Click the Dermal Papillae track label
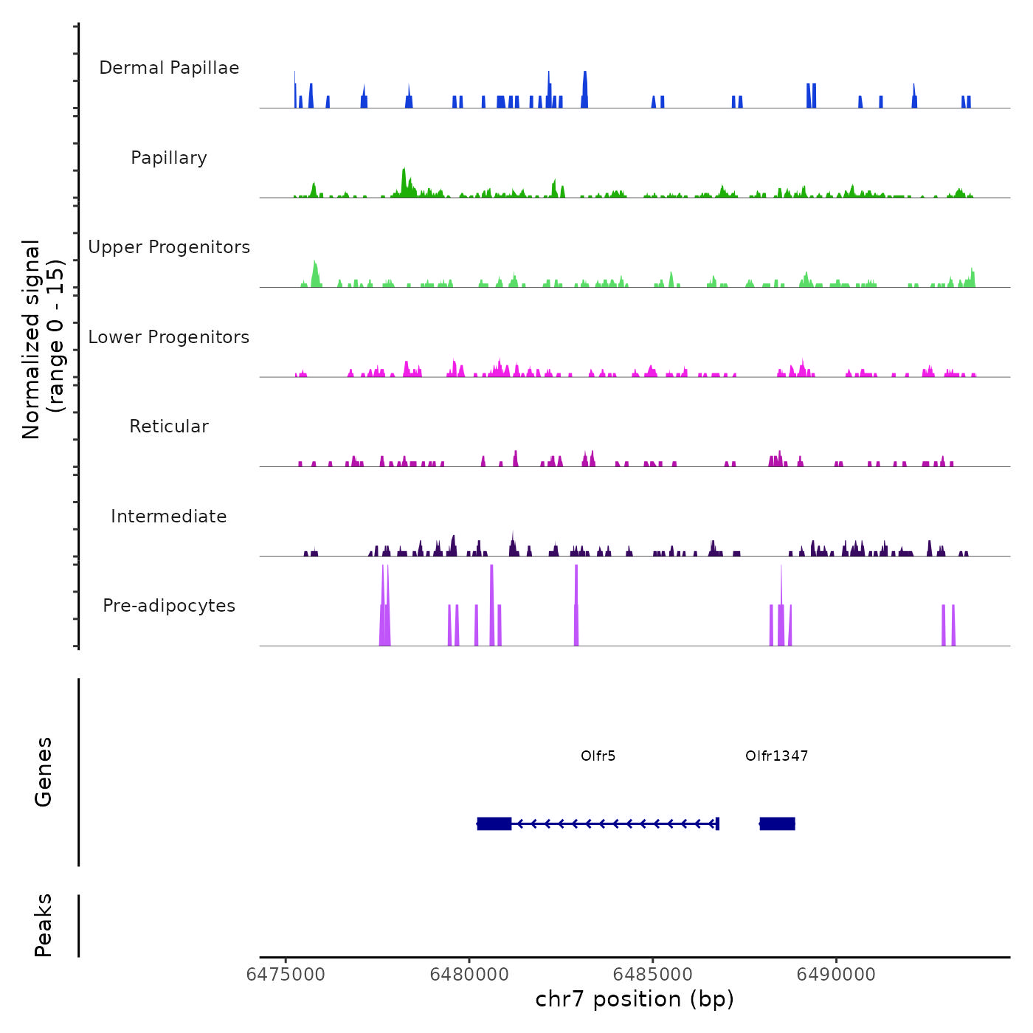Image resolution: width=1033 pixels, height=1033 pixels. click(x=169, y=68)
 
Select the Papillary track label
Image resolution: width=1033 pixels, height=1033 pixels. click(x=169, y=158)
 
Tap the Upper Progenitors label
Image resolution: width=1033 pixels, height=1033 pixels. click(x=169, y=247)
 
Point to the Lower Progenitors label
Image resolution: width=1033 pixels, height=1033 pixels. click(x=169, y=337)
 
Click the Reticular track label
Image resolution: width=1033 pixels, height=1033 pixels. click(x=169, y=426)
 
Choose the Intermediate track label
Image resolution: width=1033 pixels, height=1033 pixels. click(x=169, y=516)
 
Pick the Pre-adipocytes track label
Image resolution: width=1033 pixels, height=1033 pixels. click(x=169, y=606)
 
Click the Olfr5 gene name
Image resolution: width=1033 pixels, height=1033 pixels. click(x=598, y=756)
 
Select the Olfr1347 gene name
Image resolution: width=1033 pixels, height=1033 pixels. click(x=776, y=756)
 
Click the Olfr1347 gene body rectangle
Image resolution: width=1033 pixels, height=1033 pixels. click(x=777, y=823)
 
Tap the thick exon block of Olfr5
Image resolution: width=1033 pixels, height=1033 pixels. click(x=494, y=823)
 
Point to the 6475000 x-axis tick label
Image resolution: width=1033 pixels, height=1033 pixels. click(x=286, y=975)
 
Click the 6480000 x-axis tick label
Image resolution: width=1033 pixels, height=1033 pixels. click(x=469, y=975)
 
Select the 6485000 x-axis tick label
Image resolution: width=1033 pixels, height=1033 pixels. click(x=653, y=975)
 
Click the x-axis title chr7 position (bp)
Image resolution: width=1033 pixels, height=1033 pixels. click(x=635, y=999)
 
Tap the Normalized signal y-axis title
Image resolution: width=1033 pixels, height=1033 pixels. click(x=43, y=339)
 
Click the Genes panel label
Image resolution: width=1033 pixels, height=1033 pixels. click(x=44, y=772)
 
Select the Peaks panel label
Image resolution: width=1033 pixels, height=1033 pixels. click(x=44, y=925)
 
